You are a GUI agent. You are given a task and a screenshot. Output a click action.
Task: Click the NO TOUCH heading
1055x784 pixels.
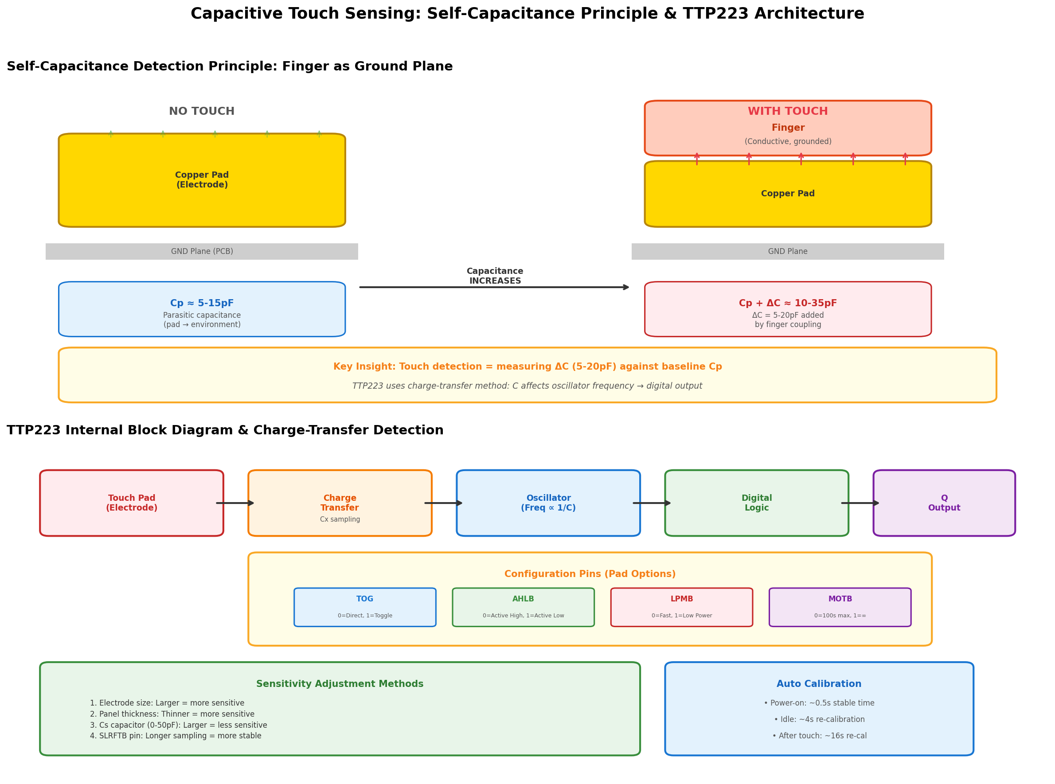(202, 112)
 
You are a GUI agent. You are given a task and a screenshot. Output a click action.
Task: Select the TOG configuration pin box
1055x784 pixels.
(365, 608)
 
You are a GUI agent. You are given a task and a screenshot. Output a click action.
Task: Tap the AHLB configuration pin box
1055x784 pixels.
(524, 608)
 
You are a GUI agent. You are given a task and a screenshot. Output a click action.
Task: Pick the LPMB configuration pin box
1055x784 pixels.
(681, 608)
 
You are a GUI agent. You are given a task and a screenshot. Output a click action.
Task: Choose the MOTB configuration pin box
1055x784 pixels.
(840, 608)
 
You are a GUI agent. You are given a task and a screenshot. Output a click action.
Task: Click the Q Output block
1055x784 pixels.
(944, 503)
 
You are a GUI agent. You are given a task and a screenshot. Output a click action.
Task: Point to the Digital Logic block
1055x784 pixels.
(757, 503)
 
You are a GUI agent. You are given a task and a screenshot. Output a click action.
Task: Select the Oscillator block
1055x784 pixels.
(548, 503)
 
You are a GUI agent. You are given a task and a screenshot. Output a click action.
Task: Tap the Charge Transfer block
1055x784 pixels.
(340, 503)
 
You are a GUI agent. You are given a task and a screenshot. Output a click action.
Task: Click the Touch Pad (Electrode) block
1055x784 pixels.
(132, 503)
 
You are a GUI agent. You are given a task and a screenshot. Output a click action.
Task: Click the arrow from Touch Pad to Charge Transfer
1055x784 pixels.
(235, 503)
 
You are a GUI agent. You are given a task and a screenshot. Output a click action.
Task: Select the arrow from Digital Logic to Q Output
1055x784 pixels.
(860, 503)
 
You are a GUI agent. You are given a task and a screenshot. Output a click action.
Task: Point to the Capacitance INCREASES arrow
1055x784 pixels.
(495, 287)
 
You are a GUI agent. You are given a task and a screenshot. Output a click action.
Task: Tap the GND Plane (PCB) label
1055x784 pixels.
(202, 252)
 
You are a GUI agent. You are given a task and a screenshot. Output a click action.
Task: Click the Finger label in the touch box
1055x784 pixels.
(788, 128)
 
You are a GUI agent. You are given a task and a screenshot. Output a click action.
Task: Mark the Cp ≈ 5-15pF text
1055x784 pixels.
(202, 303)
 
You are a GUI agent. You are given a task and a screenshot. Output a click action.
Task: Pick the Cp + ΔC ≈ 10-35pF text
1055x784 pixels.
(788, 303)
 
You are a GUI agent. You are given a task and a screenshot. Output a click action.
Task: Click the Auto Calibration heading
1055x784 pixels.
(819, 684)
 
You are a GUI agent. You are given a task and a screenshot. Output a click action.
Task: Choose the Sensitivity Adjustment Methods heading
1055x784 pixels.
(340, 684)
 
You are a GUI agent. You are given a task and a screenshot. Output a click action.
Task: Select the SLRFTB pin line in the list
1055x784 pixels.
(176, 736)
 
